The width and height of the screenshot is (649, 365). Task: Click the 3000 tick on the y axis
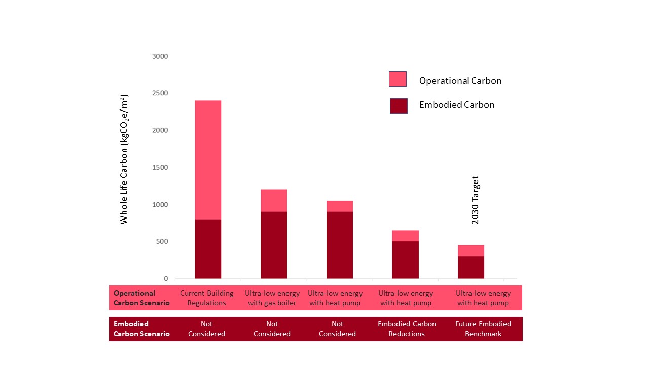(160, 56)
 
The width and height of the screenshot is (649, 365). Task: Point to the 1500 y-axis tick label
(160, 168)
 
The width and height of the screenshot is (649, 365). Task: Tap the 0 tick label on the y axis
(165, 279)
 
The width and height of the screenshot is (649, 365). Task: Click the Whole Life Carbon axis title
(124, 159)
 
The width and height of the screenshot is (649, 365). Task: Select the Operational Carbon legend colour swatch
(398, 80)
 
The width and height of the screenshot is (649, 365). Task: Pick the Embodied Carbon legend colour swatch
(399, 105)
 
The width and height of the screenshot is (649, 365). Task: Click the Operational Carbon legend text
(460, 81)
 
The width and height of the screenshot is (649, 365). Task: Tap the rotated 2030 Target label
(475, 200)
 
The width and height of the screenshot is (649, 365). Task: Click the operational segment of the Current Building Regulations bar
(208, 160)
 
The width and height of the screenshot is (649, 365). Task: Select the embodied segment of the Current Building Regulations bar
(208, 249)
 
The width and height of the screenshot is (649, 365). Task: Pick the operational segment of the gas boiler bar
(274, 200)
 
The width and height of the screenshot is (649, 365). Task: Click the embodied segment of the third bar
(340, 245)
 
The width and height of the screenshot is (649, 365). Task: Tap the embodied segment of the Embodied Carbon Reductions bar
(405, 260)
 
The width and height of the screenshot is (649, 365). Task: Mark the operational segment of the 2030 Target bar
(471, 250)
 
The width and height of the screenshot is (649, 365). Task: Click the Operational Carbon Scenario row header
(141, 298)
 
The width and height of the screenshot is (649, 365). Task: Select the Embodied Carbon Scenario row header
(141, 328)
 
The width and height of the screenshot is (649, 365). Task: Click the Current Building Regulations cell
(207, 298)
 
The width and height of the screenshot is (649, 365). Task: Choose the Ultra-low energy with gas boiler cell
(272, 298)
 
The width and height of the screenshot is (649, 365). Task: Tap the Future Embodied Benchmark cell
(483, 328)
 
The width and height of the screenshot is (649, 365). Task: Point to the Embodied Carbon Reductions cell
(406, 328)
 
